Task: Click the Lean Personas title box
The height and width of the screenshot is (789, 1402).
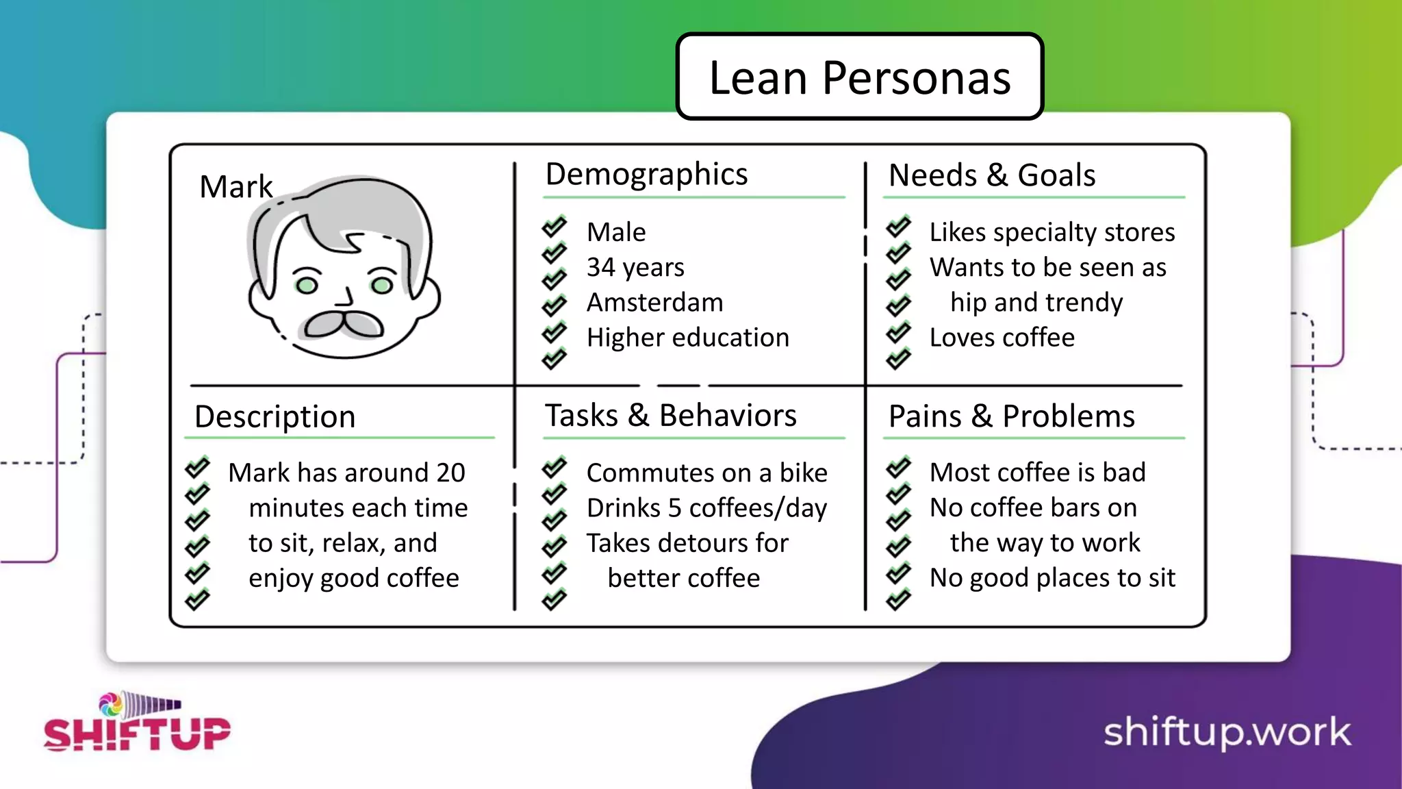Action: (859, 77)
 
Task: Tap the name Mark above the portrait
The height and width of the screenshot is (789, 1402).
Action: (235, 186)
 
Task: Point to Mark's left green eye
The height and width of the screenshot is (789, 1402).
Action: (307, 284)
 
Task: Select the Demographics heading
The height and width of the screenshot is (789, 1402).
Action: (646, 175)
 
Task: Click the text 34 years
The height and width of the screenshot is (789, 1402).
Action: (635, 267)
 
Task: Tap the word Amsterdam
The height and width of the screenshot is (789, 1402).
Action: (654, 302)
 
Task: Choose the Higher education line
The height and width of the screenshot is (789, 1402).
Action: (687, 338)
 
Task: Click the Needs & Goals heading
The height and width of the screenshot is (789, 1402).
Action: (991, 175)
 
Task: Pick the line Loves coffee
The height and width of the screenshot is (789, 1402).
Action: (1002, 338)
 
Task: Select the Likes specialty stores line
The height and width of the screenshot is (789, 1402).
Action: (1051, 232)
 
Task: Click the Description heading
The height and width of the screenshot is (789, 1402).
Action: (275, 416)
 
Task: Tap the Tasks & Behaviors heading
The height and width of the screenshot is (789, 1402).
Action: (670, 416)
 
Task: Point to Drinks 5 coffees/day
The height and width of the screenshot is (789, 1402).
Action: (706, 508)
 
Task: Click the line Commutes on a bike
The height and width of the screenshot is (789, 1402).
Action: (706, 473)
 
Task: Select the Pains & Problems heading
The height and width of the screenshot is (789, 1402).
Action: (1011, 416)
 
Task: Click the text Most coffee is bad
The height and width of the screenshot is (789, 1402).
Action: (1037, 473)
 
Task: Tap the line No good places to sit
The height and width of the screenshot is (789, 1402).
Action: (1051, 578)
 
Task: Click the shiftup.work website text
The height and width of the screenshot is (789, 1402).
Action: (1227, 731)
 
